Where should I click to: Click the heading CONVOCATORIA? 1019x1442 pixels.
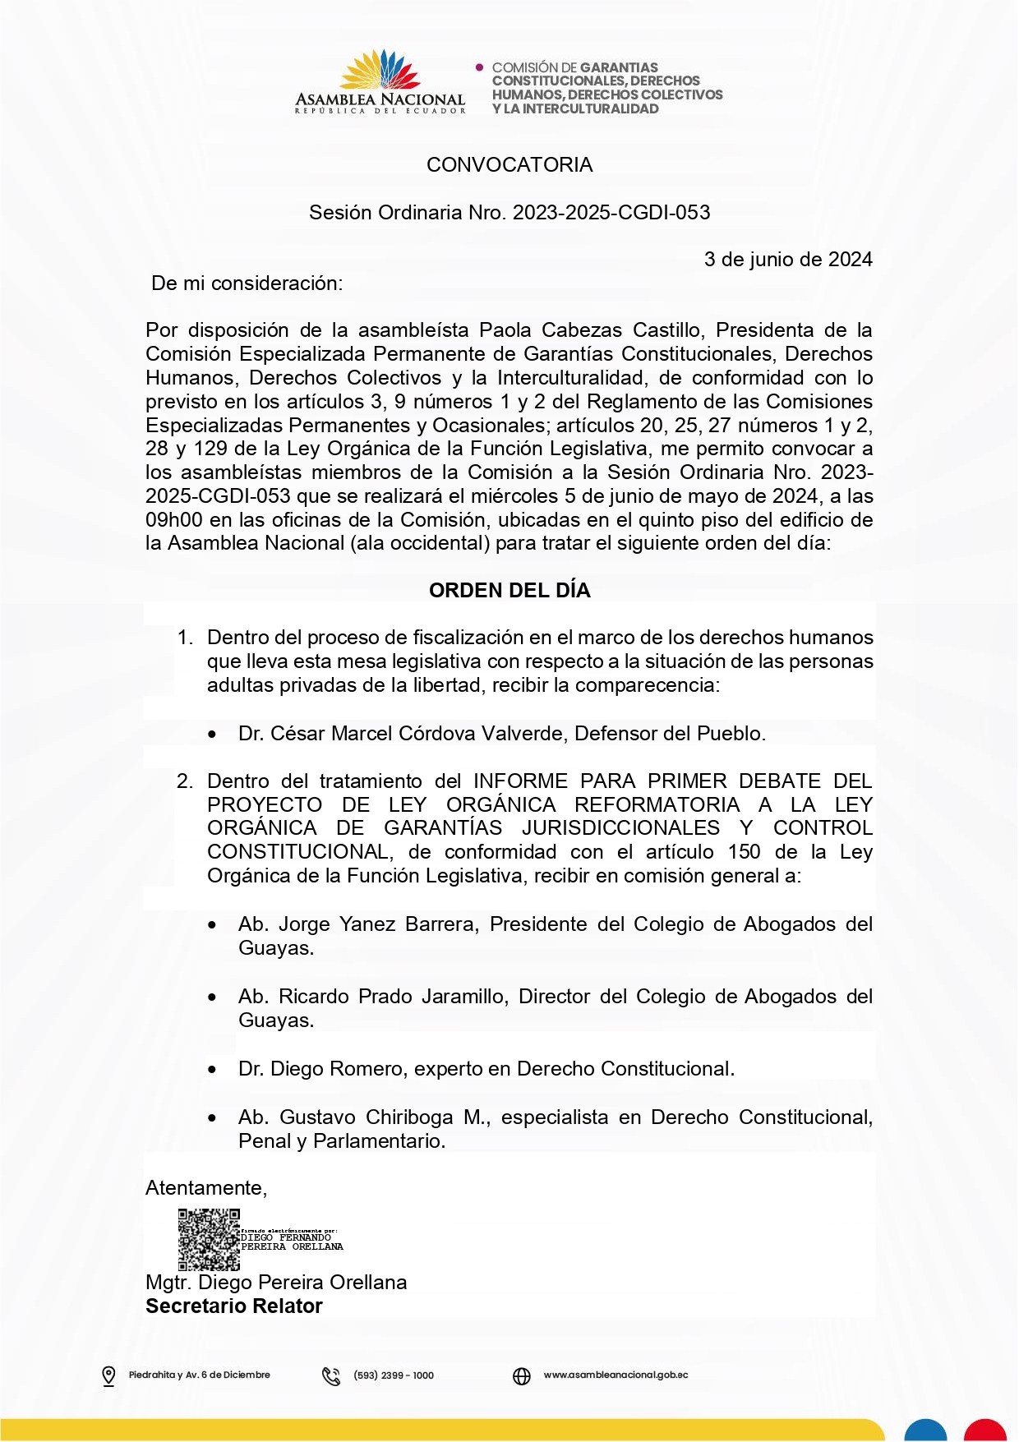pos(509,165)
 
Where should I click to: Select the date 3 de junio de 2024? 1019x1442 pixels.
pos(788,260)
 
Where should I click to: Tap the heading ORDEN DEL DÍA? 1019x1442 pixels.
pos(509,591)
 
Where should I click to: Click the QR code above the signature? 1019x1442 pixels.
pos(209,1239)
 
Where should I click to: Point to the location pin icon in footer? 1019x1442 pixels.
pos(108,1375)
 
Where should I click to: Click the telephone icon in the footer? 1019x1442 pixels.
pos(331,1375)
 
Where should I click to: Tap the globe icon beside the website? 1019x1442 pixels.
pos(522,1375)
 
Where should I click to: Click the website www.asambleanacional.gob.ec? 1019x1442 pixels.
pos(616,1375)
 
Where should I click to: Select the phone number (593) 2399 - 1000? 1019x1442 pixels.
pos(394,1375)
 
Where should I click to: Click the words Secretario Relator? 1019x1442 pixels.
pos(234,1306)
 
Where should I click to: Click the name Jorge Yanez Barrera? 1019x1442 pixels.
pos(376,924)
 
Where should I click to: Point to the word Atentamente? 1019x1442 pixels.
pos(205,1188)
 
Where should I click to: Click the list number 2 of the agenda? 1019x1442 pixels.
pos(184,781)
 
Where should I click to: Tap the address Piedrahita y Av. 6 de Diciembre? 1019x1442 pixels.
pos(199,1375)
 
